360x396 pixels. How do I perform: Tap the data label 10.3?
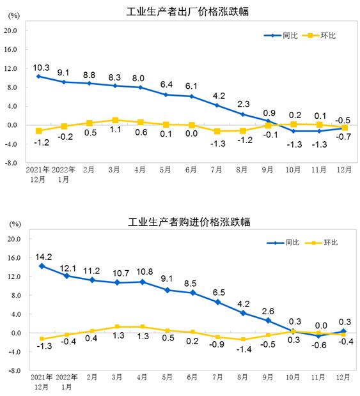point(42,66)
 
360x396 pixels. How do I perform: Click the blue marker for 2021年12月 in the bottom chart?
point(42,266)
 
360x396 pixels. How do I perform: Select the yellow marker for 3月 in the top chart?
point(114,120)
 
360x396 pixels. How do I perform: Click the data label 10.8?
point(141,271)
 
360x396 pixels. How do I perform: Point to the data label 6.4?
point(166,84)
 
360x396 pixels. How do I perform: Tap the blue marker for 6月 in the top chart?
point(191,96)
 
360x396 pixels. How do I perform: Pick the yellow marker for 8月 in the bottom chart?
point(242,340)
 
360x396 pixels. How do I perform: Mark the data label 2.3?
point(243,103)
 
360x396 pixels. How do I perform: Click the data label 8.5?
point(191,282)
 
